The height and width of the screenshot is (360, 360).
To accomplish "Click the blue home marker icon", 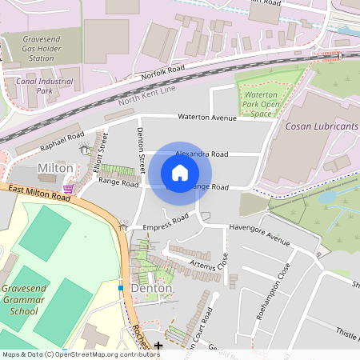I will click(180, 173).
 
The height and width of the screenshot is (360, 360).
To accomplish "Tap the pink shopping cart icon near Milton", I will click(70, 188).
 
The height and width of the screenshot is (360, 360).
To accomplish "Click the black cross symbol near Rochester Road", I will click(158, 346).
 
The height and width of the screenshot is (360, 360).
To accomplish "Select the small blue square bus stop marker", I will click(121, 287).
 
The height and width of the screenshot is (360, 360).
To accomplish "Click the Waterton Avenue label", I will click(207, 117).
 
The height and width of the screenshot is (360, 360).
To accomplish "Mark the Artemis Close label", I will click(210, 262).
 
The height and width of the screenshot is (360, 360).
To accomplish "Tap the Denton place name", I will click(150, 288).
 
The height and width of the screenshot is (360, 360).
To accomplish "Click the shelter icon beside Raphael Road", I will click(85, 150).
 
